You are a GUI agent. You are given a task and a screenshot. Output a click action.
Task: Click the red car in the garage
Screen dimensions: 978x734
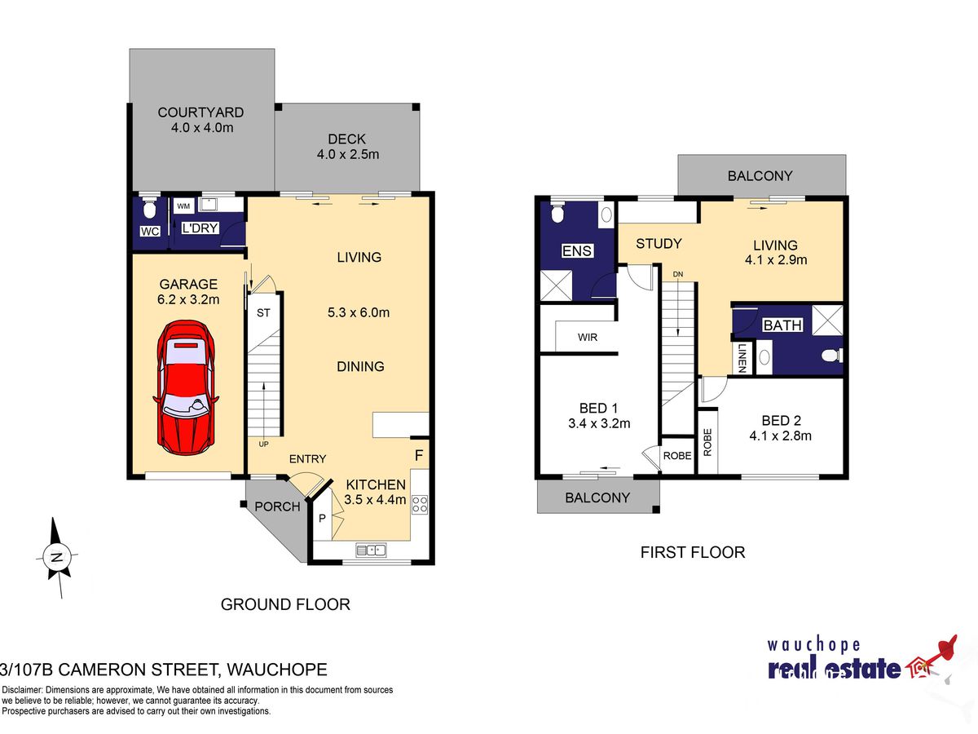click(186, 387)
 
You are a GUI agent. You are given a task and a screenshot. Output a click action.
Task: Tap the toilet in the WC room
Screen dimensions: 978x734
click(148, 209)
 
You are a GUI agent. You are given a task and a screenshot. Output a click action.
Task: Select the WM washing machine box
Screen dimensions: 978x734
click(183, 206)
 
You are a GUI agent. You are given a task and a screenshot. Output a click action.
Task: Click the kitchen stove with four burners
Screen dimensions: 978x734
click(419, 504)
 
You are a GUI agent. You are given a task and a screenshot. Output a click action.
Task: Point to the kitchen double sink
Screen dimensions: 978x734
click(371, 550)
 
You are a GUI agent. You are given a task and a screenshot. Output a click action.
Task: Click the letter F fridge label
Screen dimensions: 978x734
click(419, 455)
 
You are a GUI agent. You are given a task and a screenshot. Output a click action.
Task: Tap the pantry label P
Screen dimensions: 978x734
click(322, 518)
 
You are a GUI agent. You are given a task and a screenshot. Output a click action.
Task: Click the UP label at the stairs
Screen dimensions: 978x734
click(264, 444)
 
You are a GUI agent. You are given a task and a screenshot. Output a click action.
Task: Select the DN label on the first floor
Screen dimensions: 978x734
click(678, 274)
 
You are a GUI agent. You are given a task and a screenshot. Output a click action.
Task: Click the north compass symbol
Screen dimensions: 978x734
click(57, 557)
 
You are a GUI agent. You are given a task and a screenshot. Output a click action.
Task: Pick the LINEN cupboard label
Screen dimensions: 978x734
click(742, 358)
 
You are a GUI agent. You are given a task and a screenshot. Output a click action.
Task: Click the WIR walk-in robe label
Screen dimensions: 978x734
click(588, 338)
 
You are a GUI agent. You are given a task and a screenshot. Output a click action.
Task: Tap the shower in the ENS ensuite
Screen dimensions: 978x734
click(556, 285)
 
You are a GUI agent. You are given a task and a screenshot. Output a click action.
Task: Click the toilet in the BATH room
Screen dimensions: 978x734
click(832, 356)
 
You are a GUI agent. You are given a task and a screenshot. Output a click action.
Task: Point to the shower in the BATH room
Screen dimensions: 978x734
click(827, 321)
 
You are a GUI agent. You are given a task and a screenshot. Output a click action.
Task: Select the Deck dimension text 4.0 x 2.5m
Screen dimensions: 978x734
click(348, 155)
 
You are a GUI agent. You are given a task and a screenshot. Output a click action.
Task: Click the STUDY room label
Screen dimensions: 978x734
click(659, 243)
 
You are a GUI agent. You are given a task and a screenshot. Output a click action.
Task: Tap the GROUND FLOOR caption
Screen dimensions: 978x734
click(285, 604)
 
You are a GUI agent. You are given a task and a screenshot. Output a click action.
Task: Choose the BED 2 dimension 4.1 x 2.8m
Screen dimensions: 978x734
click(780, 436)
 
